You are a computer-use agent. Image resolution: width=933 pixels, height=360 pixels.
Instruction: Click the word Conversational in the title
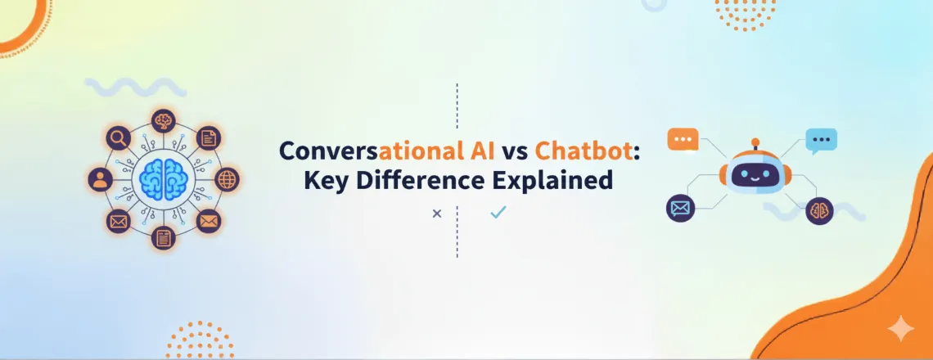385,151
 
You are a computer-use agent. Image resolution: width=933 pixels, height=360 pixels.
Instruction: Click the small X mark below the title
436,214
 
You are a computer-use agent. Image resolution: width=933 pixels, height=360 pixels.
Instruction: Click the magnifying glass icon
119,138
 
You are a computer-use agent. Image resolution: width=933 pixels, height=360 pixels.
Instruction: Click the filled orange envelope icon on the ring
209,221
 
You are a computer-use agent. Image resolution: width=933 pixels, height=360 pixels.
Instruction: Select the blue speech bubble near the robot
822,141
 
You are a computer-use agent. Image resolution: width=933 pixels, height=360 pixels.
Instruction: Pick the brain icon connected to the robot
818,210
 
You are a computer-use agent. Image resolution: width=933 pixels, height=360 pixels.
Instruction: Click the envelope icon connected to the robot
679,209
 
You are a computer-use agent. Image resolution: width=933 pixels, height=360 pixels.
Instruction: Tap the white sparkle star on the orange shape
901,328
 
